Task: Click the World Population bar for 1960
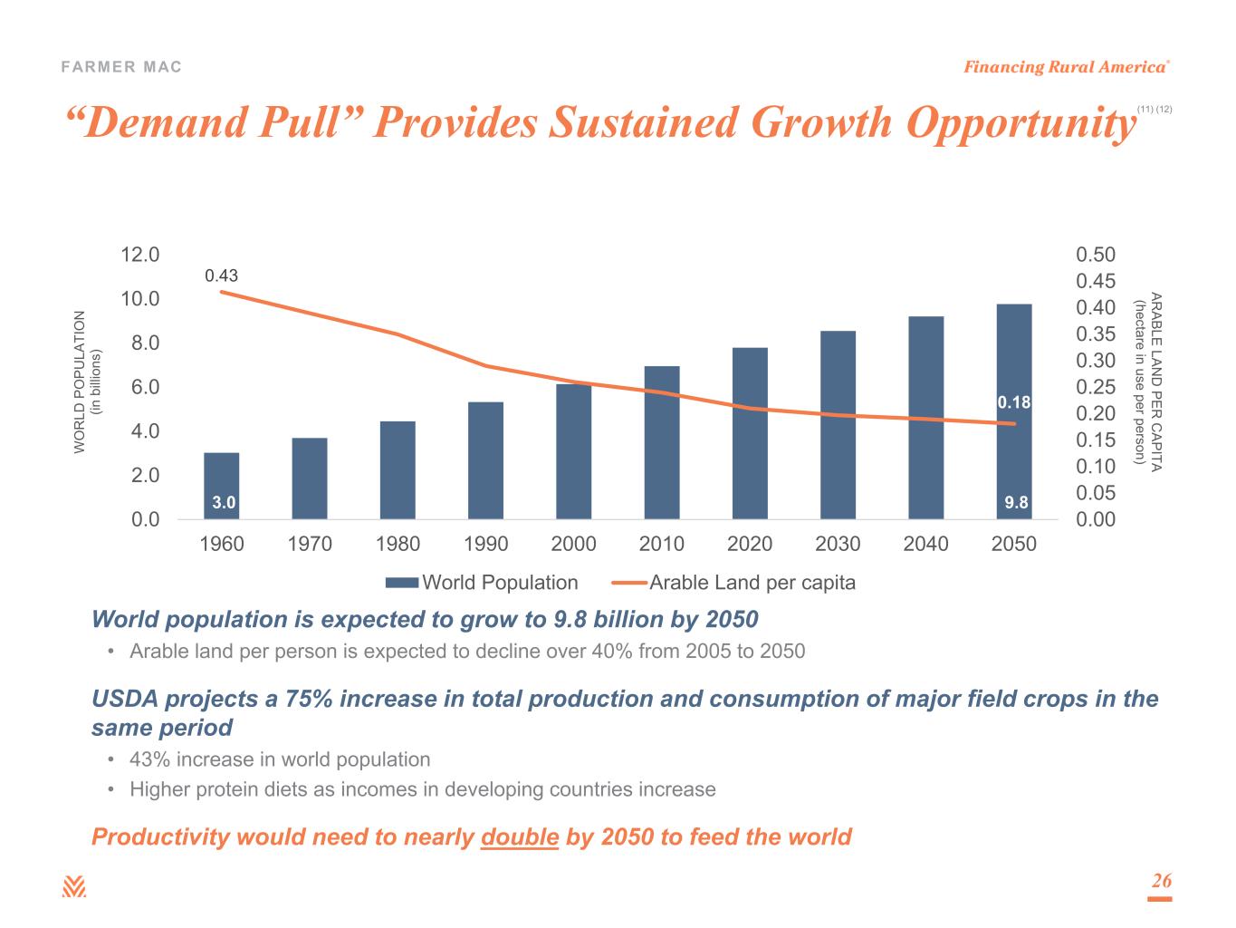(x=222, y=485)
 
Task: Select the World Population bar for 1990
(x=486, y=460)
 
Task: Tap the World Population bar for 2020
(x=750, y=433)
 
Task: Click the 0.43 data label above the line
(x=221, y=275)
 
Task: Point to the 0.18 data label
(x=1014, y=401)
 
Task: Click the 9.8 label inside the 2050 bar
(x=1017, y=502)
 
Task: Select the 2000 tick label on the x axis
(x=574, y=544)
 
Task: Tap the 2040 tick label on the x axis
(x=926, y=544)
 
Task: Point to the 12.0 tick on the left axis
(x=140, y=255)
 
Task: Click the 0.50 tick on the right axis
(x=1096, y=255)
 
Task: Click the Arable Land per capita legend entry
(x=734, y=583)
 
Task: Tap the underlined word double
(x=519, y=836)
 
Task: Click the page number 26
(x=1161, y=881)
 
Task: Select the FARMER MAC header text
(x=121, y=67)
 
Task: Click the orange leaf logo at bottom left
(x=74, y=887)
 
